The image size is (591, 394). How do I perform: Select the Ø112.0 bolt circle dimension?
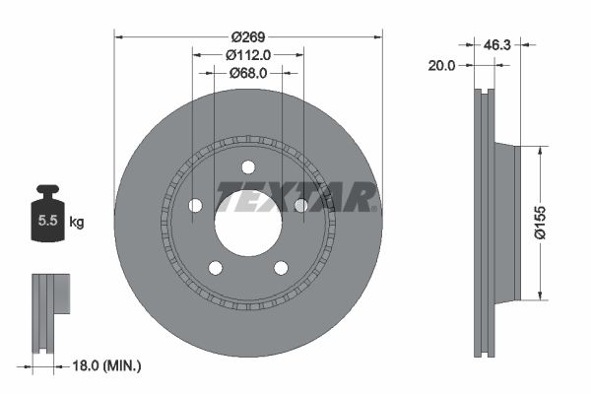coord(248,54)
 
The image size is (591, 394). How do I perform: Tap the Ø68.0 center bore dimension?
coord(248,72)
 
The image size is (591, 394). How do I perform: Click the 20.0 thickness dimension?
coord(443,65)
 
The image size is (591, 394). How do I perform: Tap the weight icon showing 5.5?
coord(45,219)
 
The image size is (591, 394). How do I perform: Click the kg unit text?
coord(77,223)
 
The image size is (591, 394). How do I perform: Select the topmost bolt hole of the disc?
coord(248,166)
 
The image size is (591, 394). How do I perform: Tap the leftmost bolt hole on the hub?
coord(195,205)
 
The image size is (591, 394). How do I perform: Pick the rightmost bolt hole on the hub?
coord(301,205)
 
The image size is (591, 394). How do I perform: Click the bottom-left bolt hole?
coord(216,267)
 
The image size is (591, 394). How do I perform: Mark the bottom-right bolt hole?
coord(281,267)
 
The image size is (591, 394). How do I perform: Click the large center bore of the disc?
coord(248,222)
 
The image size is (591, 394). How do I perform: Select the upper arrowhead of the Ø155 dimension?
coord(541,151)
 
